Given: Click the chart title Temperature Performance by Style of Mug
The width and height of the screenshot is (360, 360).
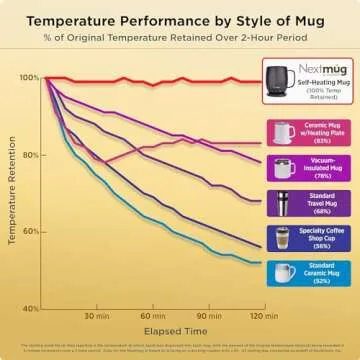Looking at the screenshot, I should [180, 19].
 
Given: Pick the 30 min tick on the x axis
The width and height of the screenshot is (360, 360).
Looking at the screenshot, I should [96, 316].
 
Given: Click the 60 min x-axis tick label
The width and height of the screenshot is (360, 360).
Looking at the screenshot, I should [153, 316].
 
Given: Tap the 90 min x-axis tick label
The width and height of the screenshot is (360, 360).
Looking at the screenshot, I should [209, 316].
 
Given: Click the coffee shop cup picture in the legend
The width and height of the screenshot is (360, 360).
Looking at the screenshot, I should [283, 237].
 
